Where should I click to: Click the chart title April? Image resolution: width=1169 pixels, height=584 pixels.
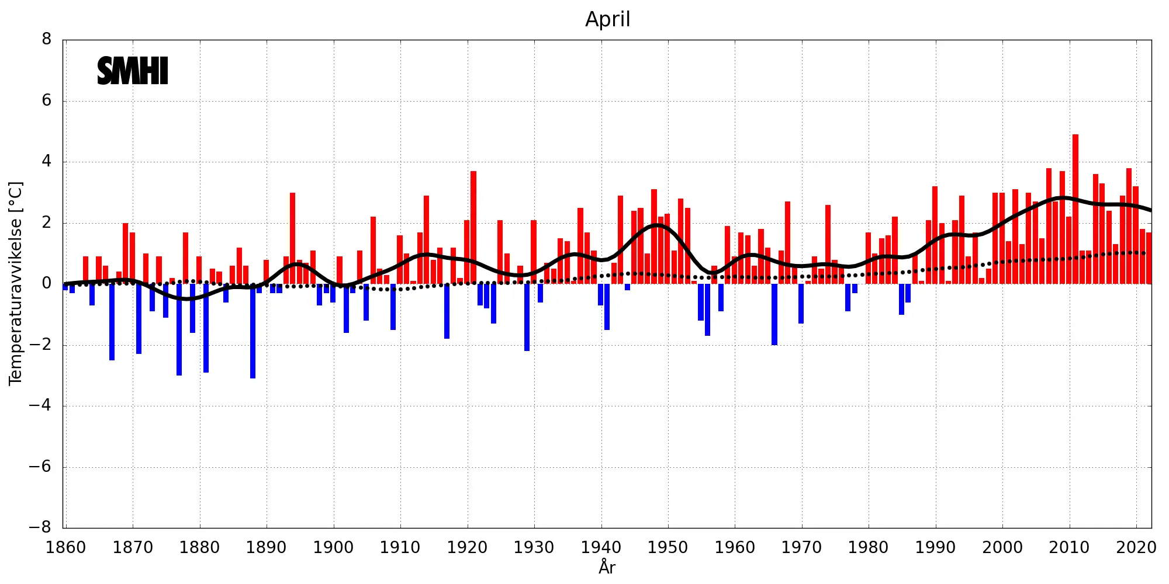[x=607, y=19]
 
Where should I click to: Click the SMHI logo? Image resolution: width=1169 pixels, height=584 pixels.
[x=133, y=71]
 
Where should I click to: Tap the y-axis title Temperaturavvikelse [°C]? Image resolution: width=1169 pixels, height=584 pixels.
[x=16, y=283]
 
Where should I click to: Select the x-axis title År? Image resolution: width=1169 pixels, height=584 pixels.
[x=607, y=566]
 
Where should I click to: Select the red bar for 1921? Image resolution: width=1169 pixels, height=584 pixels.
[x=473, y=228]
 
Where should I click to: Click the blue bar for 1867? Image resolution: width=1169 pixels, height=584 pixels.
[x=112, y=322]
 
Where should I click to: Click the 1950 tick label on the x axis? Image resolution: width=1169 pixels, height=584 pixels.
[x=667, y=548]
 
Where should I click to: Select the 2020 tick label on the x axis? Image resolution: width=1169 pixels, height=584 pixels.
[x=1136, y=548]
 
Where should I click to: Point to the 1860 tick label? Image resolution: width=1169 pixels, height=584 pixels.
[x=65, y=548]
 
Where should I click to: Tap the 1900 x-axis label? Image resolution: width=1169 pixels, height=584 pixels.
[x=333, y=548]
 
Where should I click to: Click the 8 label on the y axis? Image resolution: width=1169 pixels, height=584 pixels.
[x=47, y=40]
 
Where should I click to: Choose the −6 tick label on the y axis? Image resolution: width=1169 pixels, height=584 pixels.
[x=40, y=467]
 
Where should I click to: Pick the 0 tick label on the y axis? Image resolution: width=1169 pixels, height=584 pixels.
[x=47, y=284]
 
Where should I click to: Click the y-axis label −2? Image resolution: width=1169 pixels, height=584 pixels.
[x=40, y=345]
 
